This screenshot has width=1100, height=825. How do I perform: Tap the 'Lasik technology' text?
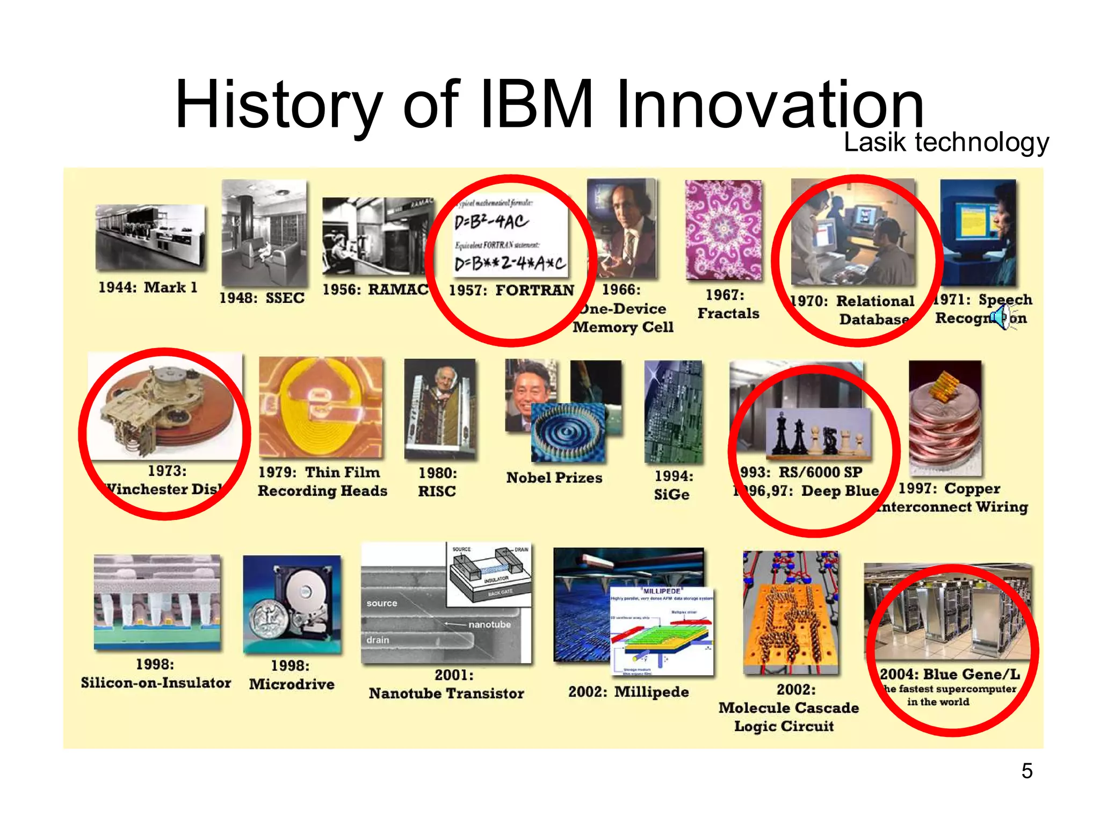[x=946, y=142]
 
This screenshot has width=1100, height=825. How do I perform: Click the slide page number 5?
[x=1026, y=771]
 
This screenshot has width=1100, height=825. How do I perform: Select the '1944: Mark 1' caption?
[x=148, y=287]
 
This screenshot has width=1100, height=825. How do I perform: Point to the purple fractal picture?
[x=723, y=230]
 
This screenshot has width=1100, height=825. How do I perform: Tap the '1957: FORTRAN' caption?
[x=511, y=290]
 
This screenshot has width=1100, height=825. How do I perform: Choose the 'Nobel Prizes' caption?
[x=554, y=477]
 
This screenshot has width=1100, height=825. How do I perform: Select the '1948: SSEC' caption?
[x=262, y=298]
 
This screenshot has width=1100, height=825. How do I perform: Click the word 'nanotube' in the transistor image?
[x=489, y=624]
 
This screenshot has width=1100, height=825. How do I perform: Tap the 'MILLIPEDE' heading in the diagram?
[x=662, y=591]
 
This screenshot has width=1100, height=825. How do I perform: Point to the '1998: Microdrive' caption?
[x=291, y=675]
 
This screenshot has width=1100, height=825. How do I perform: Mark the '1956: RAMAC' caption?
[x=375, y=290]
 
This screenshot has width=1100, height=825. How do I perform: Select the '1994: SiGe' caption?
[x=672, y=485]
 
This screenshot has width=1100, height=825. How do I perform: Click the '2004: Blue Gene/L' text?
[x=949, y=674]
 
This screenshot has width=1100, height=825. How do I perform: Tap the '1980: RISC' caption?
[x=437, y=482]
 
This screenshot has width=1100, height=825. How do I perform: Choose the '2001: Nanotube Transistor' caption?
[x=446, y=684]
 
